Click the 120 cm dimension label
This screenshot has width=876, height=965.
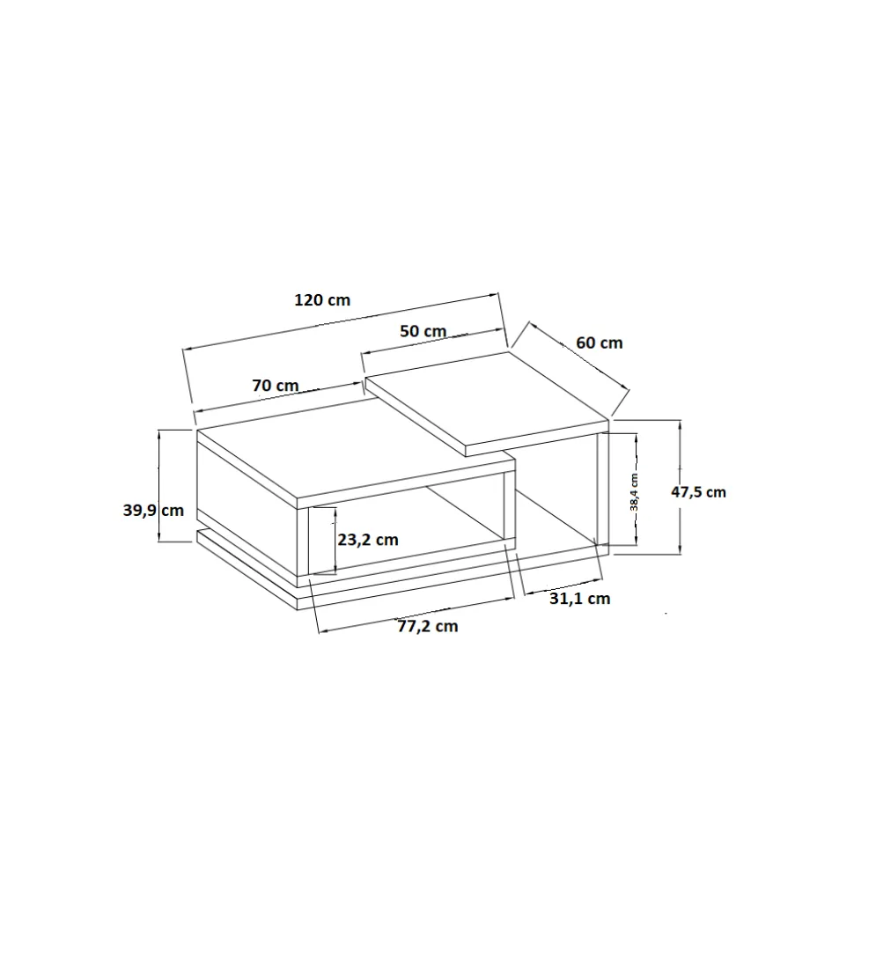[322, 299]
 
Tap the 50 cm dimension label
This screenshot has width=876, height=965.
[423, 331]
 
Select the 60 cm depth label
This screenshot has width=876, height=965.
[600, 343]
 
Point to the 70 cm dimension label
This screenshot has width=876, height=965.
[276, 386]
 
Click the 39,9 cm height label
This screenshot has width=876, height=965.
[154, 510]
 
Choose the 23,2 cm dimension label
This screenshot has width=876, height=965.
[368, 540]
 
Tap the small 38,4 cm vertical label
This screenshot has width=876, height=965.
[634, 491]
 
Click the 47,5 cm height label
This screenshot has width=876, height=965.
[699, 492]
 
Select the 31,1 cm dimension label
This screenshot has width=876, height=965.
[580, 598]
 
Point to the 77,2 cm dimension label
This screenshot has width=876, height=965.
[428, 627]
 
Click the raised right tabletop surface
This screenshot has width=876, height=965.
[487, 403]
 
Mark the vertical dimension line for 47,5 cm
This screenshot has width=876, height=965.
[680, 487]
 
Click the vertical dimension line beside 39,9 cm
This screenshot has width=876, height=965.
[160, 485]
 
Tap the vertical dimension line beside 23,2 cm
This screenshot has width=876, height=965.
[335, 541]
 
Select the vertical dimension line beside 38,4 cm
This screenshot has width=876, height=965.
[636, 489]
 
